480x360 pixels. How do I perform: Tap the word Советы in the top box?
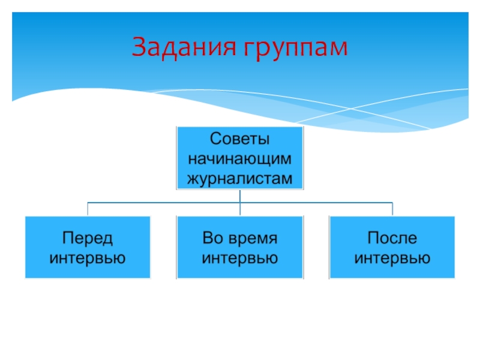[240, 140]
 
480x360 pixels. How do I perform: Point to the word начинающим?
[240, 159]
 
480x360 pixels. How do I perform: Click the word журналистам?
[240, 178]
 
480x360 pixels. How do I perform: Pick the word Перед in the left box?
[88, 238]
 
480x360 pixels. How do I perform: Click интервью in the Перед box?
[88, 259]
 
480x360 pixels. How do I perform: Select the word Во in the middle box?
[212, 238]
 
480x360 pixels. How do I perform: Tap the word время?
[251, 238]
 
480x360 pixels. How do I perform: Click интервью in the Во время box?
[240, 259]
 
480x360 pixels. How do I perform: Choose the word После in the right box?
[392, 238]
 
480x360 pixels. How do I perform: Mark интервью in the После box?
[392, 259]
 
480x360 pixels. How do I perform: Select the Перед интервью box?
[88, 270]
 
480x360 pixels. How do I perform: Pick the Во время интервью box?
[240, 270]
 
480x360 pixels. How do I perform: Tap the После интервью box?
[392, 270]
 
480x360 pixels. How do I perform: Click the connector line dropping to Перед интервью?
[88, 209]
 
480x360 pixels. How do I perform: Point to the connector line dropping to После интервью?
[392, 209]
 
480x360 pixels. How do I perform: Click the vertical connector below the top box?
[240, 196]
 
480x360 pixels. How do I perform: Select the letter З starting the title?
[139, 47]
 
